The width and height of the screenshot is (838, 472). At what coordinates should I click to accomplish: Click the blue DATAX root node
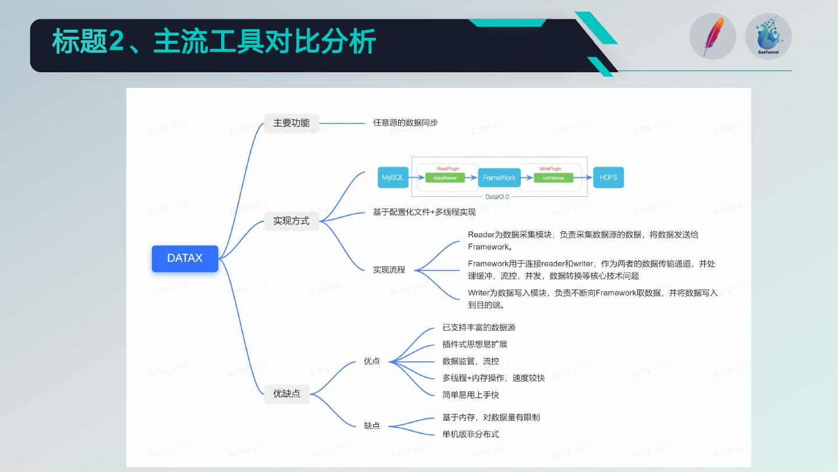(x=185, y=258)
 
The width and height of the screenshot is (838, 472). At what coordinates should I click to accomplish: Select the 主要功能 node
(x=291, y=123)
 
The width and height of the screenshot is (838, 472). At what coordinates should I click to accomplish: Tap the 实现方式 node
(x=291, y=221)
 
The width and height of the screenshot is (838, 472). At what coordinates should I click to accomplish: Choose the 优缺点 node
(x=286, y=393)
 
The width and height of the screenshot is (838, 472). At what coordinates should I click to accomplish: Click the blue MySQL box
(x=393, y=178)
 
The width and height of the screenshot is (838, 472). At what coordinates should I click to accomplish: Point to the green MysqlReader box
(x=445, y=178)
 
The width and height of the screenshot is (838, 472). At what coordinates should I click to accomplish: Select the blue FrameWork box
(x=499, y=178)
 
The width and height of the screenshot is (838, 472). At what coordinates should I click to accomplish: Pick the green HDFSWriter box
(x=553, y=178)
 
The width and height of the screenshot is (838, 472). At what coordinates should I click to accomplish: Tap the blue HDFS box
(x=608, y=177)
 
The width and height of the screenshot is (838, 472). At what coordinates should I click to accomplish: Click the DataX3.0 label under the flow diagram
(x=497, y=197)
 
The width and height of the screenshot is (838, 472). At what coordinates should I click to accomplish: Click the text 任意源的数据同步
(x=405, y=123)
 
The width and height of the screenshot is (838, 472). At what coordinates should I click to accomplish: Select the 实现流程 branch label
(x=389, y=270)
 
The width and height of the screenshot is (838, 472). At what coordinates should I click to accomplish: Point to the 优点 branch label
(x=372, y=361)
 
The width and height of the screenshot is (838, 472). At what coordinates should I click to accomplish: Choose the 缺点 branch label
(x=372, y=426)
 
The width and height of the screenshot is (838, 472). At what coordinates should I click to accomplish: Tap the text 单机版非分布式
(x=470, y=434)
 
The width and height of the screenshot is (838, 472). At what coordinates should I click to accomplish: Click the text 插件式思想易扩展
(x=474, y=344)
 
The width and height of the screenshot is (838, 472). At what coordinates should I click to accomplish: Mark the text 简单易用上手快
(x=470, y=395)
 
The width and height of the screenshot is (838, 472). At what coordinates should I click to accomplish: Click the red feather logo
(x=712, y=37)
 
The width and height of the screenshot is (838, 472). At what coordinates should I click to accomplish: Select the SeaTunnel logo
(x=768, y=37)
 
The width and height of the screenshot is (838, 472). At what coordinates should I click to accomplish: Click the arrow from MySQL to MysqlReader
(x=417, y=178)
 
